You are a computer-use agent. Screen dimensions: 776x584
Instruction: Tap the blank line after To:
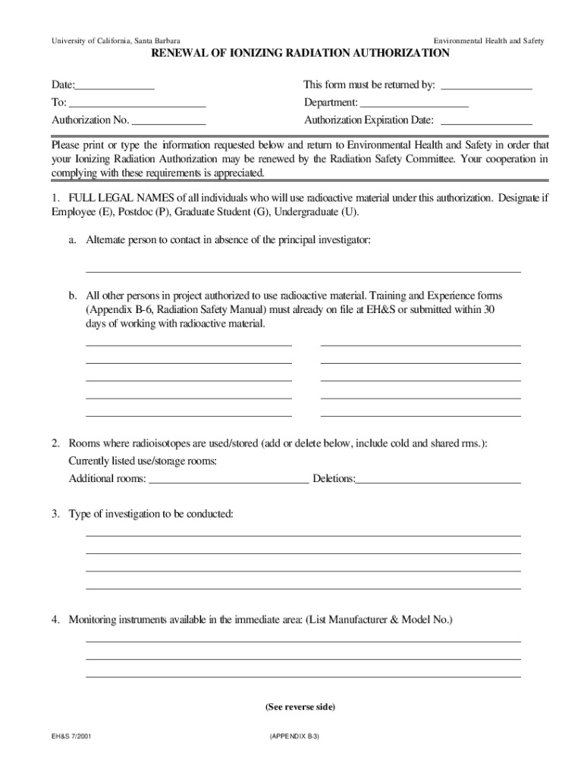(x=137, y=103)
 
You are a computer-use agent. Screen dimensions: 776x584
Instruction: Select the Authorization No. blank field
(x=169, y=120)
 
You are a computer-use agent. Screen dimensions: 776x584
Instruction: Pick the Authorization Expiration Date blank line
(x=486, y=120)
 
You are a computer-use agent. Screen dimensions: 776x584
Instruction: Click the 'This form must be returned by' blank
(x=486, y=86)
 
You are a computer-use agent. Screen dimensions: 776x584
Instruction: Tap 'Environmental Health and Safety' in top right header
(x=488, y=39)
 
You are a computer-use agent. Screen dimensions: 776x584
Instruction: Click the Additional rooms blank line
(x=229, y=479)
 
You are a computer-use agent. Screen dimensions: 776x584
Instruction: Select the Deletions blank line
(x=438, y=479)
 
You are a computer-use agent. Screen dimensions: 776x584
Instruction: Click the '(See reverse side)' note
(x=300, y=707)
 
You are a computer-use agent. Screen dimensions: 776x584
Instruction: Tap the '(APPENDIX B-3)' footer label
(x=294, y=736)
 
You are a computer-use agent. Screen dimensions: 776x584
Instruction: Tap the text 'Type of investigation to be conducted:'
(x=151, y=515)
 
